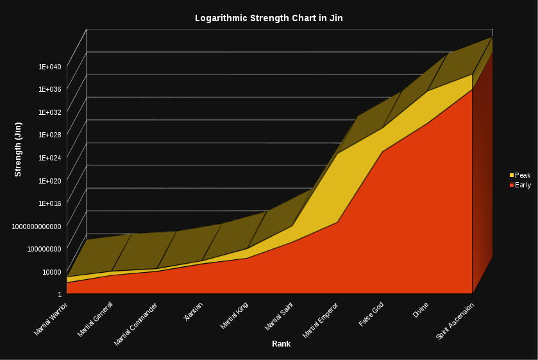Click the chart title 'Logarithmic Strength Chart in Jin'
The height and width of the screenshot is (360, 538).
tap(269, 18)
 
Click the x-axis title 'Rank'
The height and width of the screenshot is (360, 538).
tap(281, 344)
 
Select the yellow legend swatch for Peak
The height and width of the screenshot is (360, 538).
tap(512, 175)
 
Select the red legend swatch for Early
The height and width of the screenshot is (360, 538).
tap(512, 185)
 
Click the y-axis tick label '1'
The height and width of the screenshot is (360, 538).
tap(60, 294)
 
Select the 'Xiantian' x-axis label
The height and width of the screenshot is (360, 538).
tap(194, 311)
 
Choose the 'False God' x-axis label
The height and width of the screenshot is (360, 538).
tap(372, 313)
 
